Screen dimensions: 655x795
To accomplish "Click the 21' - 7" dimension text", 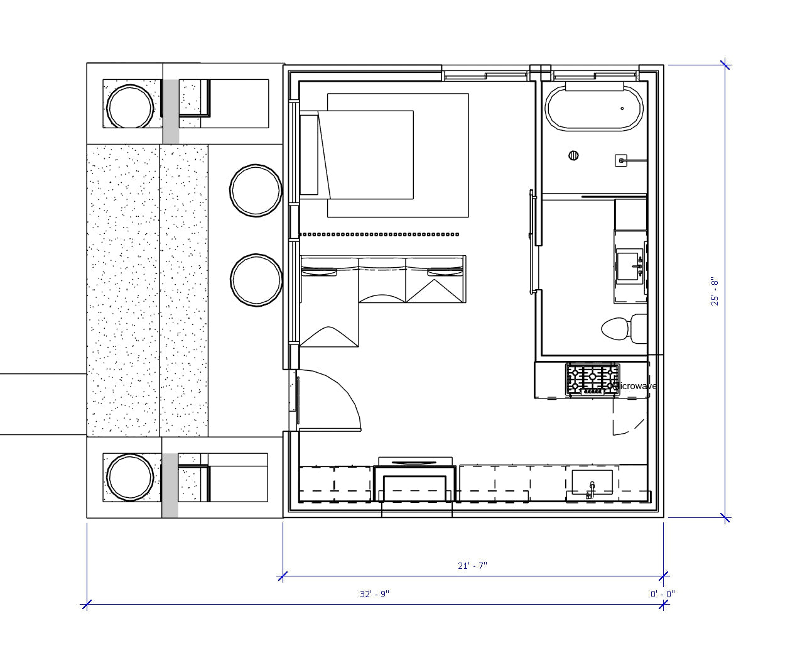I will click(472, 566).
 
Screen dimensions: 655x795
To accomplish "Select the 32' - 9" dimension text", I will click(374, 594).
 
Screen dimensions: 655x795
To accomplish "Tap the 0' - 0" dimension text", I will click(662, 594).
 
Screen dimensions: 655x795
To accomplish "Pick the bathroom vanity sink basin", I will click(629, 267).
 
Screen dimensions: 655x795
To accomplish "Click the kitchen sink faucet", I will click(590, 490).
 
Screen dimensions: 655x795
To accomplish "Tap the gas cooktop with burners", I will click(592, 380).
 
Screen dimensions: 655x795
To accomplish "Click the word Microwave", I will click(635, 386).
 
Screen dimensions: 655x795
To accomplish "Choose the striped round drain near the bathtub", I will click(574, 156).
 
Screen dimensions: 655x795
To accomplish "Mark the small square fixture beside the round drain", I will click(620, 161).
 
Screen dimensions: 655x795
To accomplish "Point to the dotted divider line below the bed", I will click(379, 234).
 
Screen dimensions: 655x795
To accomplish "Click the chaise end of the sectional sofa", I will click(329, 314).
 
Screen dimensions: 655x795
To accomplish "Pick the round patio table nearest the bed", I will click(256, 190).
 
